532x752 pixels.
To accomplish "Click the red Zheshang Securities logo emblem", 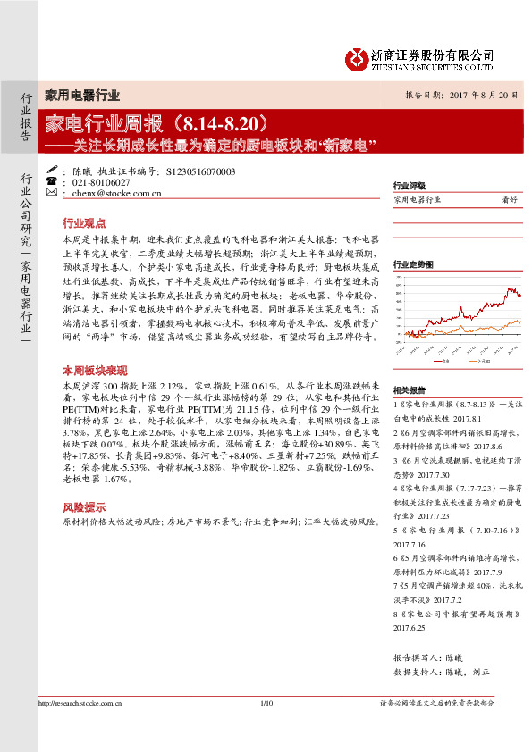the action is [358, 59].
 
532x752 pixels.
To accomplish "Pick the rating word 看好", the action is [511, 201].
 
